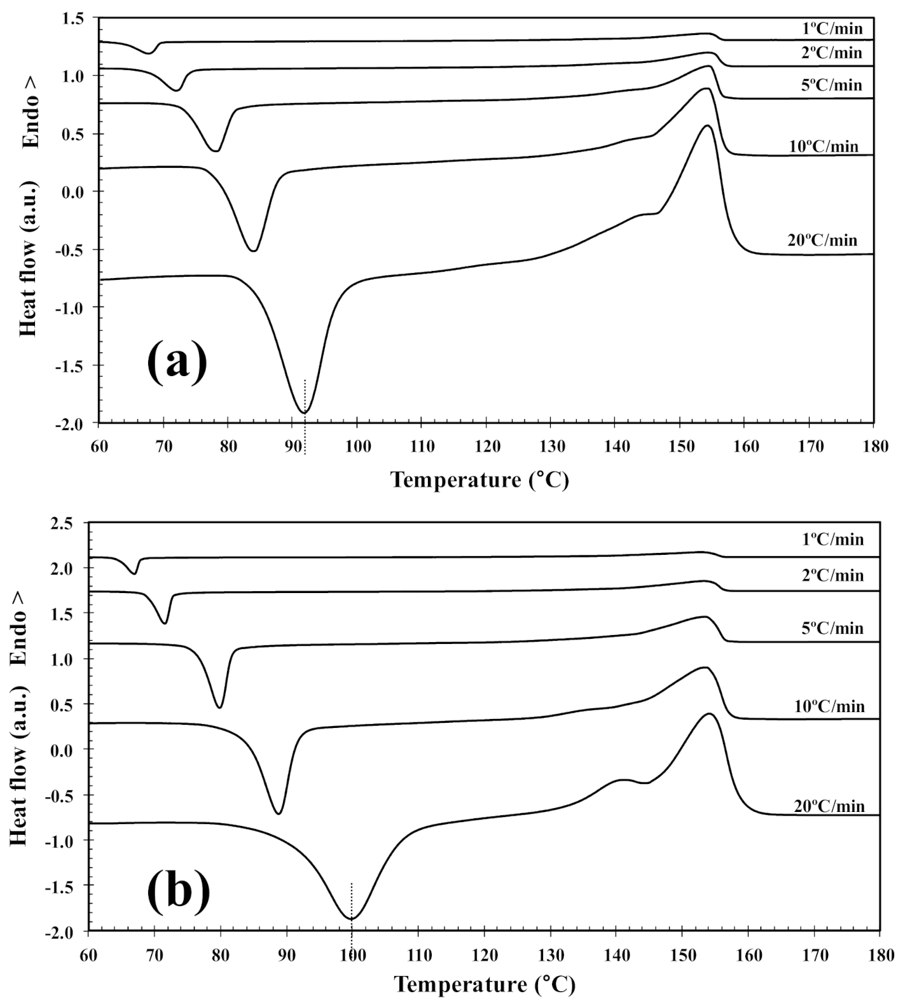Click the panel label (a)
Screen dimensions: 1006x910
pyautogui.click(x=177, y=361)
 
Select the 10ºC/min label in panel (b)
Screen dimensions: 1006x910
pyautogui.click(x=829, y=706)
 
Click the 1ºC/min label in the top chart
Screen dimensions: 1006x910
pyautogui.click(x=832, y=28)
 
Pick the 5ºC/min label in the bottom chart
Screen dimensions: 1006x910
pyautogui.click(x=832, y=629)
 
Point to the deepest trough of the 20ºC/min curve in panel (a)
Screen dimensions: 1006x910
pyautogui.click(x=305, y=413)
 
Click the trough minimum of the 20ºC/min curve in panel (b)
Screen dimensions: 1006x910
pyautogui.click(x=352, y=918)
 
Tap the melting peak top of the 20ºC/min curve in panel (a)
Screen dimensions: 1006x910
pyautogui.click(x=707, y=126)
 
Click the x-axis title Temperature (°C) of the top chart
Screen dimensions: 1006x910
pyautogui.click(x=479, y=479)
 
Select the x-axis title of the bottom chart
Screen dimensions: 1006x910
pyautogui.click(x=484, y=984)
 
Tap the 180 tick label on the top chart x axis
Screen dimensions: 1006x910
pyautogui.click(x=874, y=447)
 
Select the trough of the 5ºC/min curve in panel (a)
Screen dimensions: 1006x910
pyautogui.click(x=216, y=150)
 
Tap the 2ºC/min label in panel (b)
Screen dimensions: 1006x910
pyautogui.click(x=832, y=576)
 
